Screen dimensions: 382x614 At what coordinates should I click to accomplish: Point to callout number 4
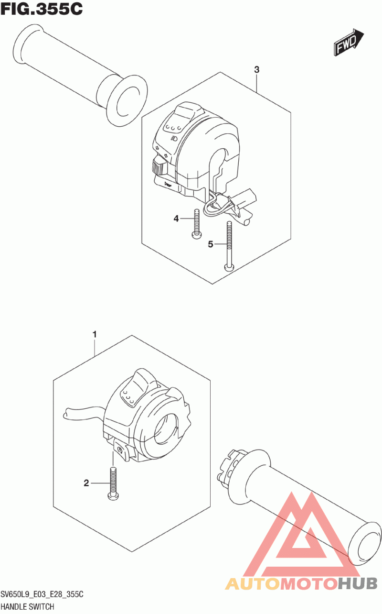pos(176,219)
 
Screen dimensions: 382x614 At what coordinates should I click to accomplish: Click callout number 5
pos(211,244)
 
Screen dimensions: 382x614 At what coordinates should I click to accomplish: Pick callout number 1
pos(95,334)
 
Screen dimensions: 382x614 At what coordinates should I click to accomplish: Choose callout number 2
pos(86,483)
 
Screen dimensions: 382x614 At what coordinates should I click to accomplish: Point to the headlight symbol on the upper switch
pos(173,138)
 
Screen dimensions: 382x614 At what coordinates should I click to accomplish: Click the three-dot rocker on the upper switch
pos(173,126)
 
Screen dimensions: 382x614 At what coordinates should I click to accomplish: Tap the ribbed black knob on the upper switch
pos(157,166)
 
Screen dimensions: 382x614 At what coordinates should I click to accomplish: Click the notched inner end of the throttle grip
pos(229,466)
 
